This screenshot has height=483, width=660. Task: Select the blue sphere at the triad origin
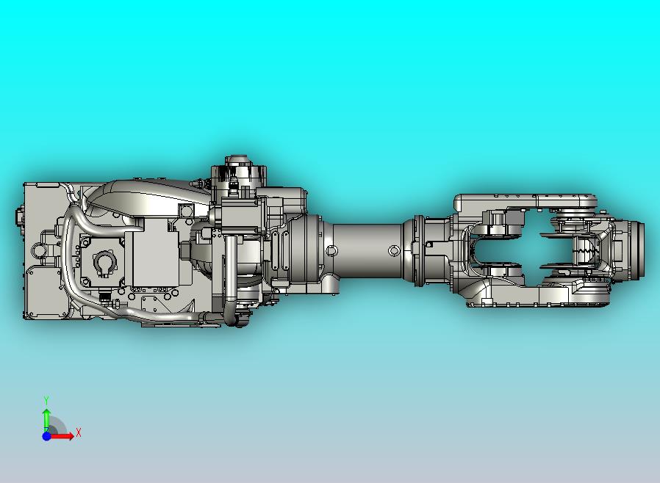pyautogui.click(x=46, y=436)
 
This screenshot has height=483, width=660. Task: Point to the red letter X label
pyautogui.click(x=79, y=433)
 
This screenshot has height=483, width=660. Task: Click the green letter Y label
pyautogui.click(x=46, y=400)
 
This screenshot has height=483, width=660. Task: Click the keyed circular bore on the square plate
pyautogui.click(x=104, y=264)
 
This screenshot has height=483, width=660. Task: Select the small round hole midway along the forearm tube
pyautogui.click(x=394, y=251)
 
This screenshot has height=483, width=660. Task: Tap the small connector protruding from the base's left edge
pyautogui.click(x=19, y=217)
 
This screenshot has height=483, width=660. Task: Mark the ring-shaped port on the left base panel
pyautogui.click(x=38, y=250)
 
